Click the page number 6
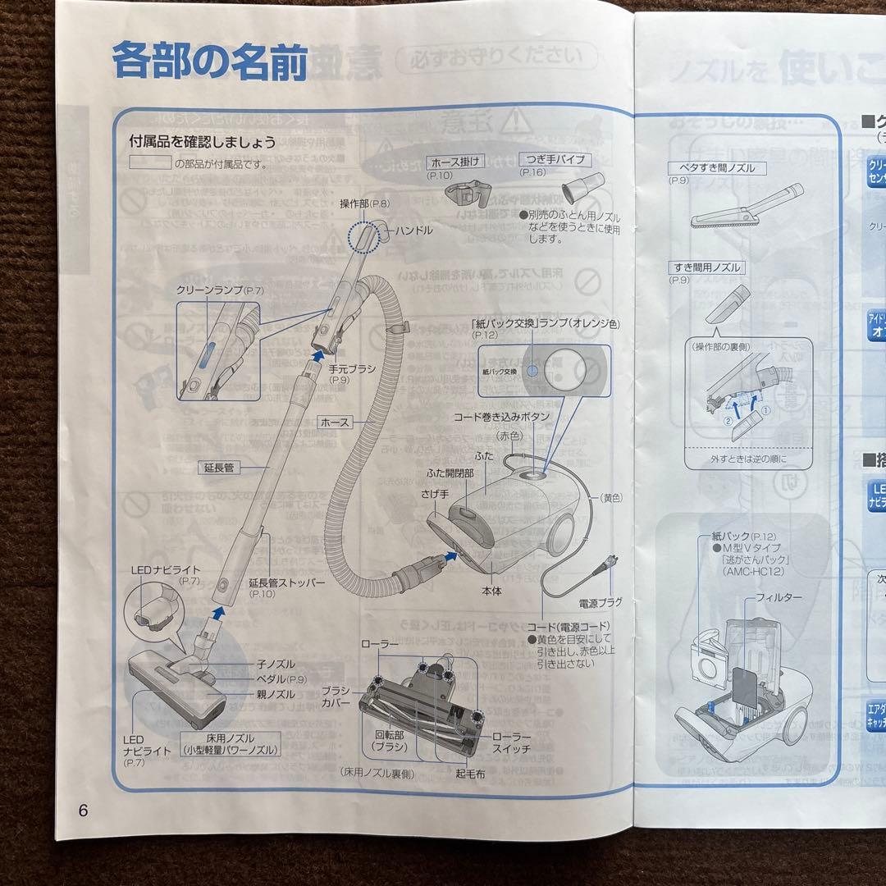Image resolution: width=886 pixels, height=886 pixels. pos(82,811)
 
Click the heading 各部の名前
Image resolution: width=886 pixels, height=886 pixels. pos(209,62)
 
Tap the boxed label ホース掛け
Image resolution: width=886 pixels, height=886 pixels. pos(456,161)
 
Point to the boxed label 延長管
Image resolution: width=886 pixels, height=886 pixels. pos(217,468)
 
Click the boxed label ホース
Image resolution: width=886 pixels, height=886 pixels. pos(336,422)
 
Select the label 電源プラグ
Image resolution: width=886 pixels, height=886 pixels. pos(601,602)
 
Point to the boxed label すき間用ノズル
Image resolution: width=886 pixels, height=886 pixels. pos(706,267)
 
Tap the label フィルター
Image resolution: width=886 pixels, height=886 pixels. pos(779,598)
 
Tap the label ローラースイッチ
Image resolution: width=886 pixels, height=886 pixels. pos(511,742)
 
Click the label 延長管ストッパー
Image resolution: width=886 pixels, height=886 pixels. pos(286,582)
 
